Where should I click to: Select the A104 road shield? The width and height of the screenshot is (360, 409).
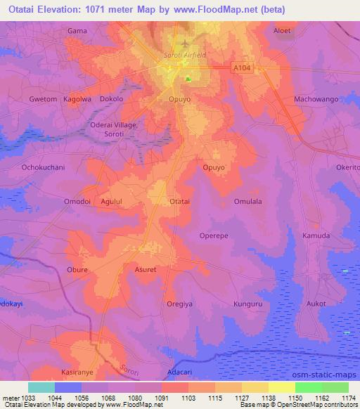click(242, 67)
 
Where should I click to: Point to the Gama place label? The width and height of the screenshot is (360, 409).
click(77, 31)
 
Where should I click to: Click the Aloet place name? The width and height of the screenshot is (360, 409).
click(282, 31)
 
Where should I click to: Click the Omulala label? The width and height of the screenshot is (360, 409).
click(247, 201)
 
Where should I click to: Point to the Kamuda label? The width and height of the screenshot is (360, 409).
click(316, 235)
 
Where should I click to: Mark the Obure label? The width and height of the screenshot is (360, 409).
click(77, 269)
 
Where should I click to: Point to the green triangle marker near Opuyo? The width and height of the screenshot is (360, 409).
click(188, 78)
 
